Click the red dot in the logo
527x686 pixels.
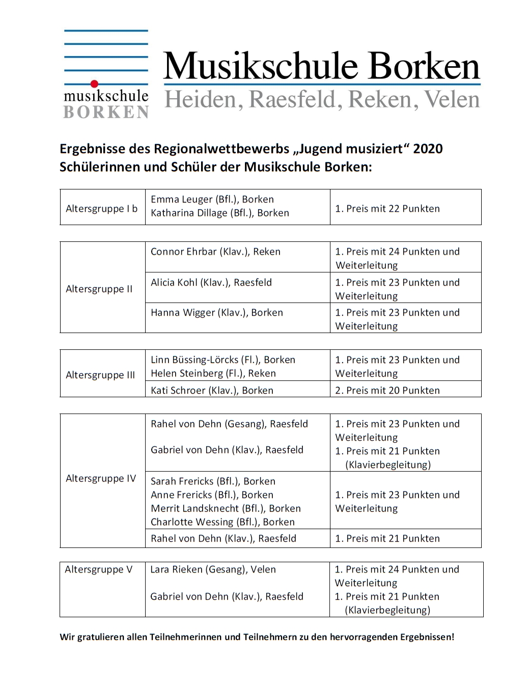[94, 84]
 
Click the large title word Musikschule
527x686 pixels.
[261, 66]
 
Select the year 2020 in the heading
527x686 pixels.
[428, 149]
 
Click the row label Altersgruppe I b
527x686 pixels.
[101, 209]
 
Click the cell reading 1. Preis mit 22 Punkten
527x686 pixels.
[387, 209]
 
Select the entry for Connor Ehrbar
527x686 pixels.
[215, 252]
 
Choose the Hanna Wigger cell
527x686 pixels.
[216, 313]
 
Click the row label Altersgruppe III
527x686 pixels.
[100, 375]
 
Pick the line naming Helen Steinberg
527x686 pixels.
[213, 373]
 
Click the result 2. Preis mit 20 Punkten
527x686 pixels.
[387, 391]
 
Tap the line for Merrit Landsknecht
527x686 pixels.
[226, 509]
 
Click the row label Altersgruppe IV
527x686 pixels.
[101, 479]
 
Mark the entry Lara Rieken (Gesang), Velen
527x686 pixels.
[213, 569]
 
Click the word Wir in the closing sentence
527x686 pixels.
[67, 637]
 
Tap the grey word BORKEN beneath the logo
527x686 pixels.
[106, 113]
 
